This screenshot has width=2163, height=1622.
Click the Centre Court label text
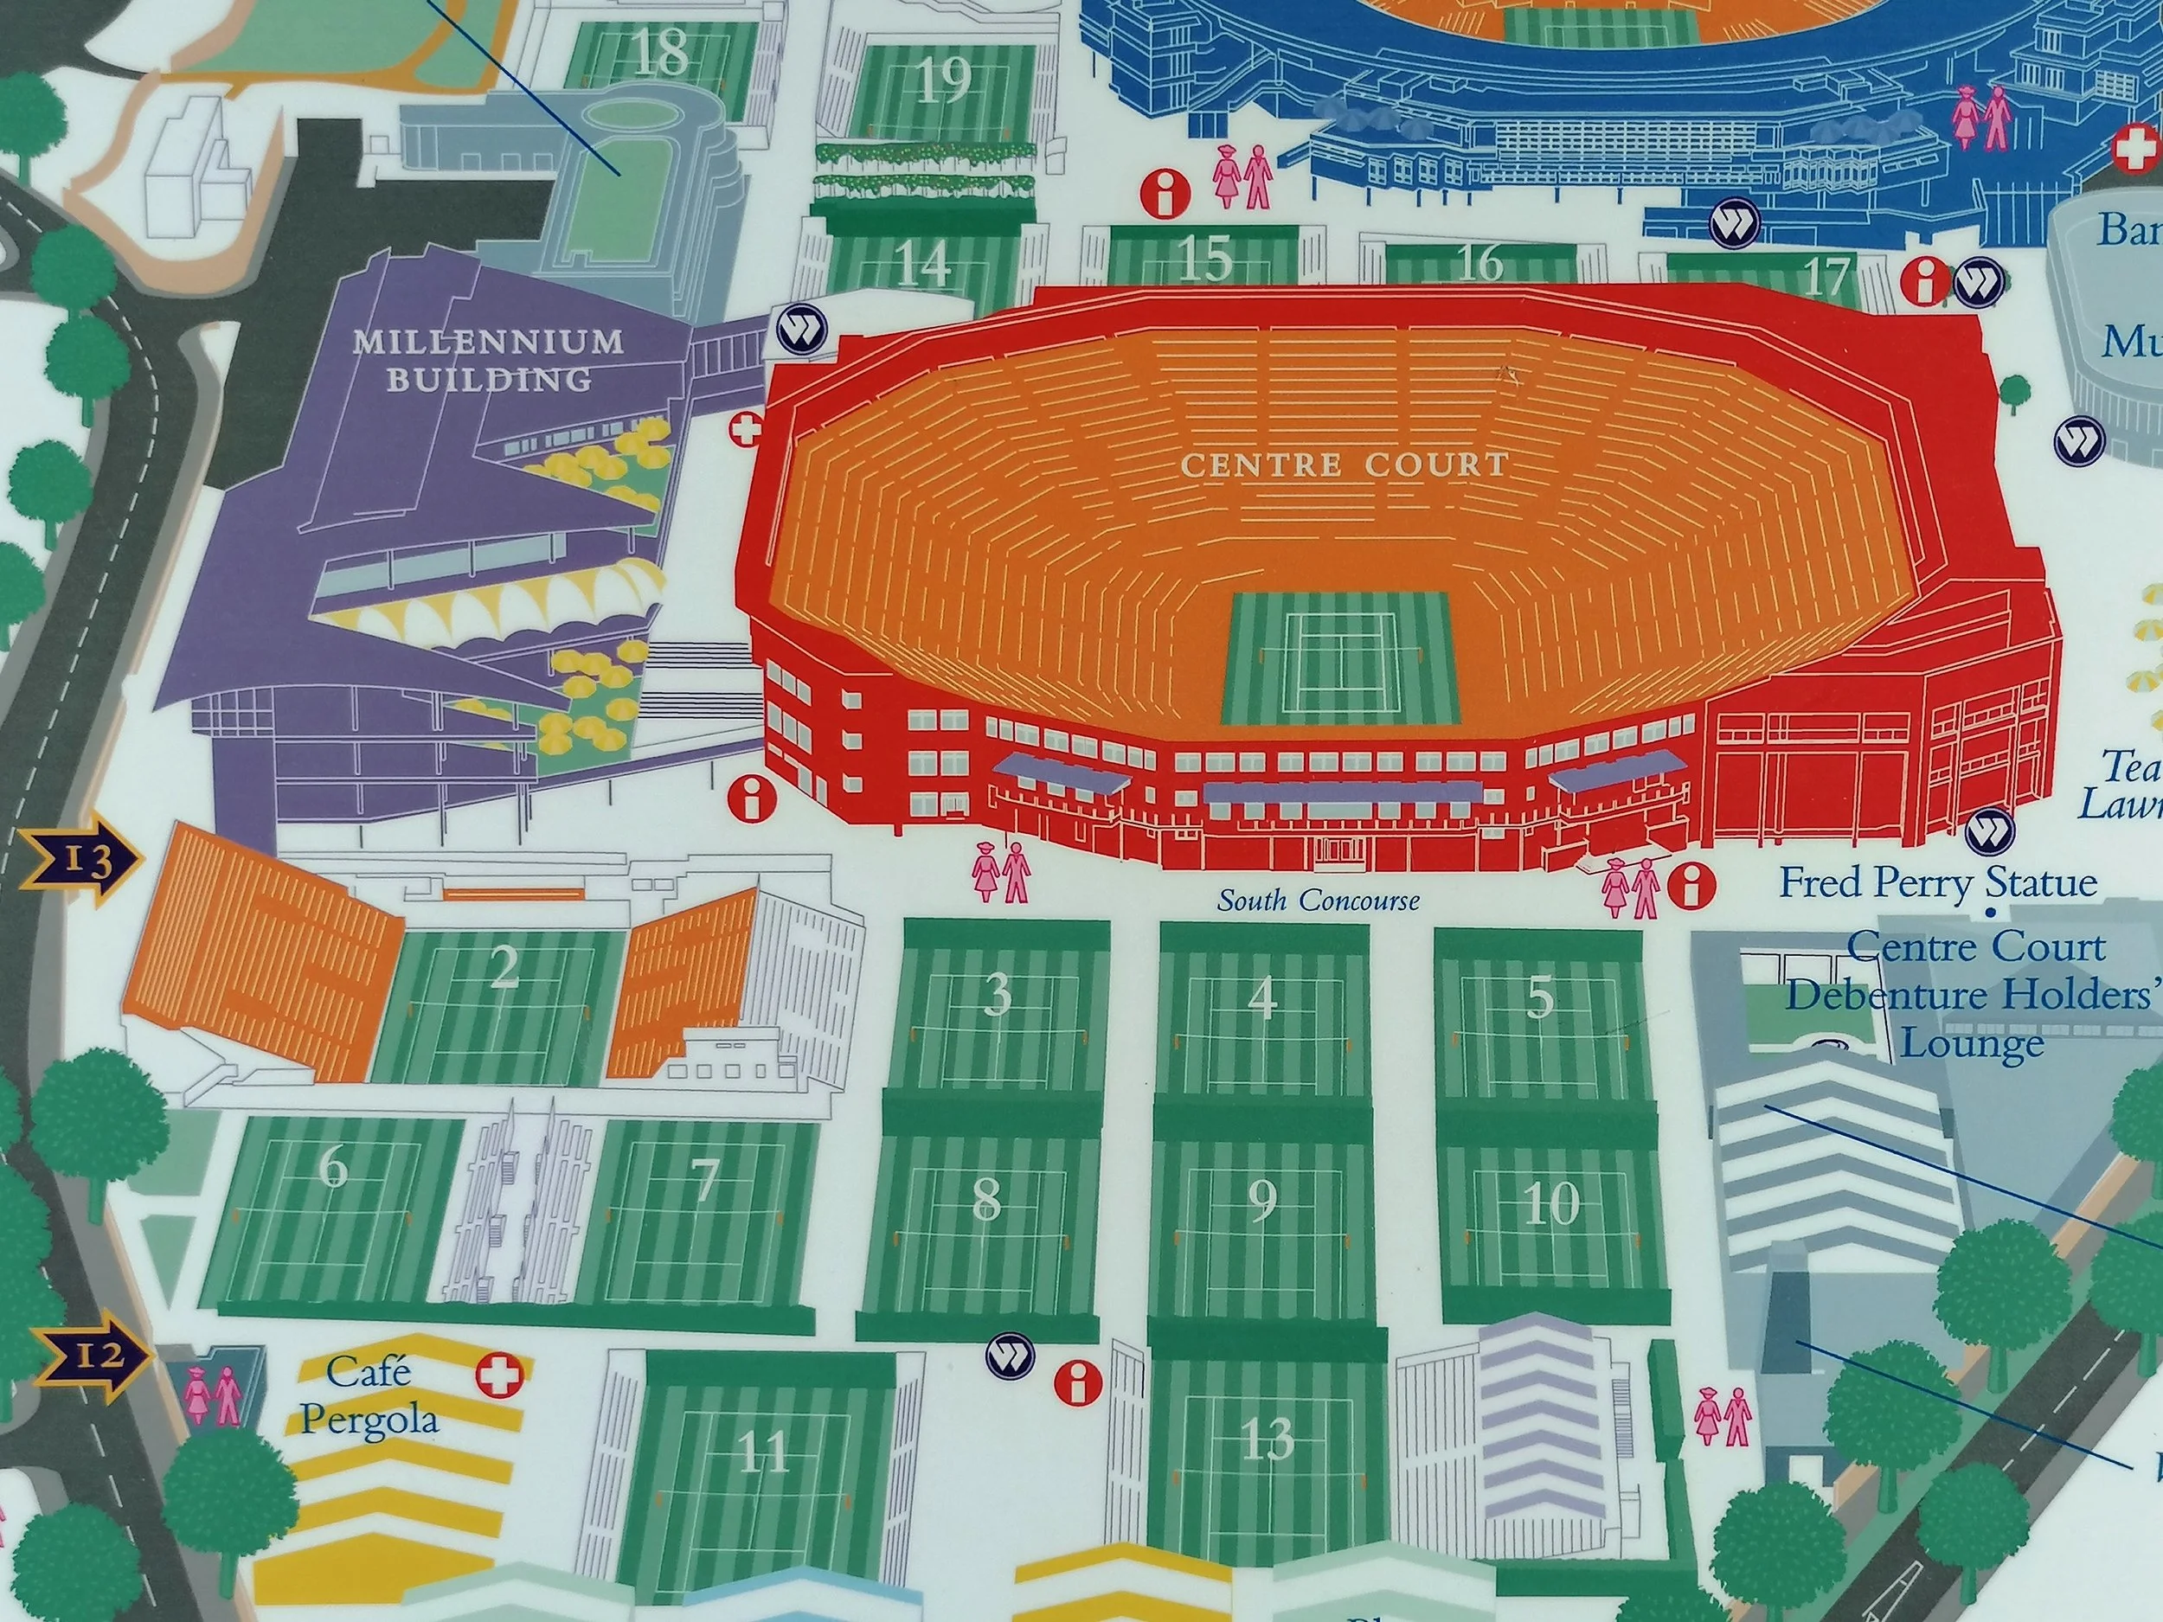pos(1345,465)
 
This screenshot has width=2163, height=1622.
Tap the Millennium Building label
pos(487,359)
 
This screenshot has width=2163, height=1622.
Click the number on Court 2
pos(504,968)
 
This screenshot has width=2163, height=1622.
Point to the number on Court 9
pos(1262,1201)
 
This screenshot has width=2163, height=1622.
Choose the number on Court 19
pos(945,80)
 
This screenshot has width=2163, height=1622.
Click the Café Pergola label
pos(369,1396)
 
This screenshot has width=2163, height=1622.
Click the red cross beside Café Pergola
pos(498,1375)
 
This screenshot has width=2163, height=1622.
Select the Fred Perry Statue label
pos(1937,883)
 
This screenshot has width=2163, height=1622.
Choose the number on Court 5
pos(1539,997)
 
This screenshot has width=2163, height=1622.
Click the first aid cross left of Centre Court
pos(750,428)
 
